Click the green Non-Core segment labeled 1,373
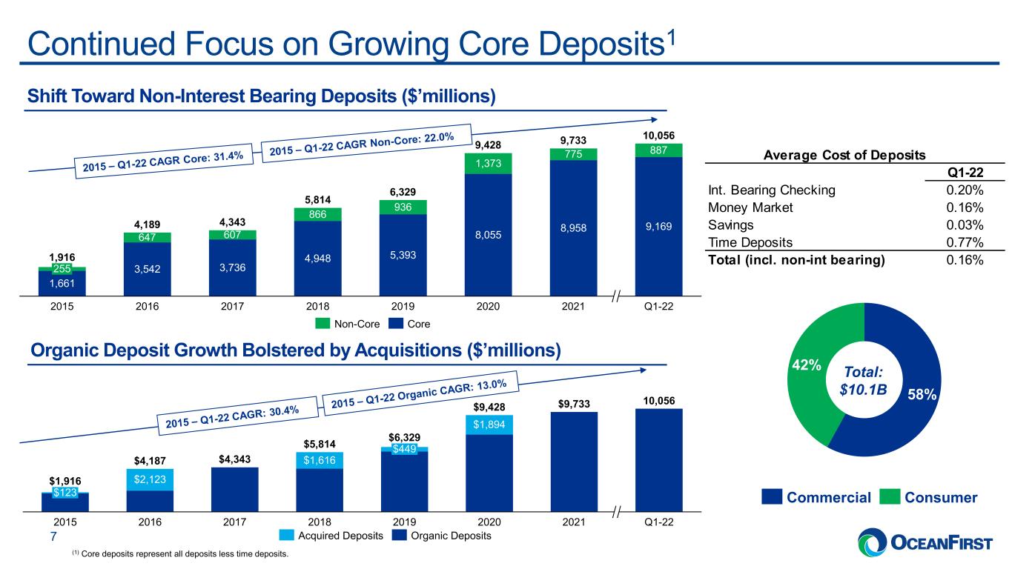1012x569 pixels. (x=488, y=164)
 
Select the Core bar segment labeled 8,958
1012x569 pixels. (x=573, y=228)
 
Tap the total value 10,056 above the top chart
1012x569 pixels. (x=658, y=136)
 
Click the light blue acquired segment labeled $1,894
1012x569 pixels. (x=489, y=425)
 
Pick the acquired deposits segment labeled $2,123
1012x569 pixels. (x=150, y=479)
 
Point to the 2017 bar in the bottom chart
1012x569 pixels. (x=234, y=490)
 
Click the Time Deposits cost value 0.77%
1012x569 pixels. (x=965, y=242)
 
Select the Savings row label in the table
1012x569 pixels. (x=730, y=225)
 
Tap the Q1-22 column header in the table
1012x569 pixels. (x=965, y=172)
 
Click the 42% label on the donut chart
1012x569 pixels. (x=807, y=365)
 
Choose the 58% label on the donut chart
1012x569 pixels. (x=922, y=395)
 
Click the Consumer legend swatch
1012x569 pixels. (x=890, y=496)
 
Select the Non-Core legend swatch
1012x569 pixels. (x=323, y=323)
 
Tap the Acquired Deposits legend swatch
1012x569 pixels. (x=286, y=535)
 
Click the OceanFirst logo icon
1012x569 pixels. (x=873, y=542)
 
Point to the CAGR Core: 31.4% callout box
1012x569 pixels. (x=163, y=162)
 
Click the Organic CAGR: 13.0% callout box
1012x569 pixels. (x=420, y=391)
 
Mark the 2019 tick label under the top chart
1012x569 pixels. (x=403, y=306)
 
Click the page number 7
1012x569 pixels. (x=53, y=536)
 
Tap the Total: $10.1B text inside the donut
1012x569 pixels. (x=863, y=381)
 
